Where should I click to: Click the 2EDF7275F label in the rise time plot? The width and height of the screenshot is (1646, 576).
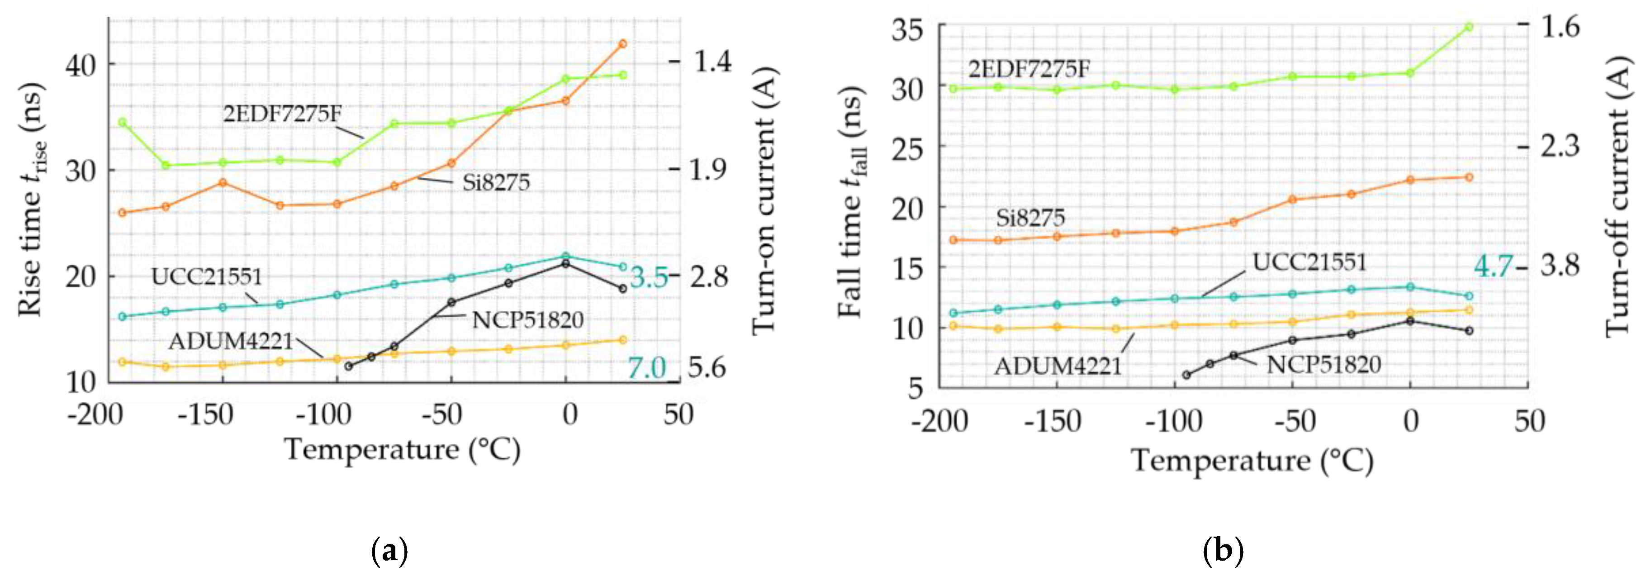(282, 114)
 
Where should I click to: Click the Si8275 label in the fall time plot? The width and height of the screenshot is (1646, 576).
(1030, 218)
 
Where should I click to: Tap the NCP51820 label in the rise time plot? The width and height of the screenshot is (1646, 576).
(528, 319)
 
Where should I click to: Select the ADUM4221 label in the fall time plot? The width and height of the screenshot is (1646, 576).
(1058, 367)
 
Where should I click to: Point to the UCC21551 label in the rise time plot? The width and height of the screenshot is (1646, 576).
(206, 277)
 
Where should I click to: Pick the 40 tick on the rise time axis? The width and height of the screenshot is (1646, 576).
(81, 65)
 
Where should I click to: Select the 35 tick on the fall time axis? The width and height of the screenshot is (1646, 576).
(907, 29)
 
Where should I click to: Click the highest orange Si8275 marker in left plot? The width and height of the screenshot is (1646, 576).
(623, 43)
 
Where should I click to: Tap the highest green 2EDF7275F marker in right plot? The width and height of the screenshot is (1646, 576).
(1468, 27)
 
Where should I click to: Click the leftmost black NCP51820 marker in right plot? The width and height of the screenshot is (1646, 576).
(1186, 375)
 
